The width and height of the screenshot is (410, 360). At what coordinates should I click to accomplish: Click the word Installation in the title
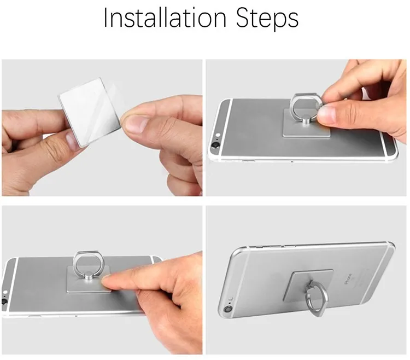coord(165,18)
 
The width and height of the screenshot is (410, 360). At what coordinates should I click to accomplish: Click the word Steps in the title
coord(267,19)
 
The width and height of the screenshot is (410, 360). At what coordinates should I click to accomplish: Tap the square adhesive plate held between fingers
coord(90,112)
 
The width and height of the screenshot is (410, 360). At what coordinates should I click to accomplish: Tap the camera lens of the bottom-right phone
coord(228,310)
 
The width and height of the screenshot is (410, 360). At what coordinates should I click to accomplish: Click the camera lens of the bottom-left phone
coord(4,301)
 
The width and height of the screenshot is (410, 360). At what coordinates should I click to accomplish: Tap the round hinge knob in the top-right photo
coord(306,121)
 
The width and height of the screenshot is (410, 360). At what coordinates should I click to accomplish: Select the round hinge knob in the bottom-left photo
coord(89,276)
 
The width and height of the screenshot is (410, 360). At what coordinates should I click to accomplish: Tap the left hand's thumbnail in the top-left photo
coord(72,140)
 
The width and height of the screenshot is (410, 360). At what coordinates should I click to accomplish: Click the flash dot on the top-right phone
coord(218,135)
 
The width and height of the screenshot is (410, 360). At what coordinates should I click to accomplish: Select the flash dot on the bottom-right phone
coord(231,299)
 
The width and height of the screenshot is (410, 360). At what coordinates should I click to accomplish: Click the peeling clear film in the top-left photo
coord(115,100)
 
